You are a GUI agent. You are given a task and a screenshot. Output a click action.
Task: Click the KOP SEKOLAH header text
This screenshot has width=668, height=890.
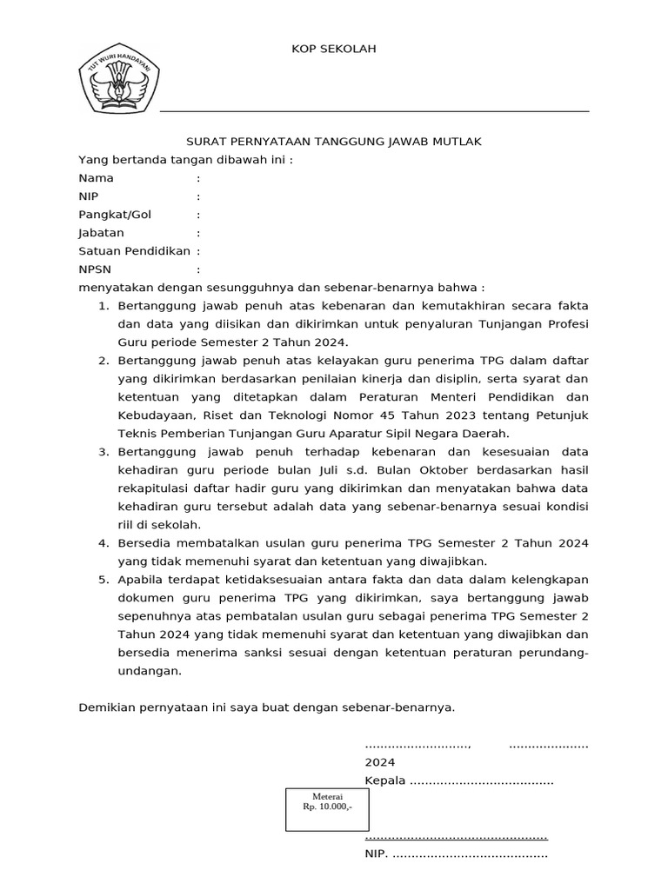coord(333,50)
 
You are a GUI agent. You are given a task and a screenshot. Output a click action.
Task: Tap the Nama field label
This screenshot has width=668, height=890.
coord(96,178)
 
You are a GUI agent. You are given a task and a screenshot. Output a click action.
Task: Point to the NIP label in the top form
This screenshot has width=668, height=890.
coord(89,196)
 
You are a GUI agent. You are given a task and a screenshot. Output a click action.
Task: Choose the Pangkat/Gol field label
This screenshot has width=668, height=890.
coord(115,215)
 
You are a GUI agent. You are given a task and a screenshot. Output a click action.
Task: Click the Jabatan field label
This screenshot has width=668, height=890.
coord(101,233)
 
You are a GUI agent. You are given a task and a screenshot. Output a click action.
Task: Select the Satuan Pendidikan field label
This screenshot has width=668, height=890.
coord(134,251)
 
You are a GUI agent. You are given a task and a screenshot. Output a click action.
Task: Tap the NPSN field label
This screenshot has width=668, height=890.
coord(95,269)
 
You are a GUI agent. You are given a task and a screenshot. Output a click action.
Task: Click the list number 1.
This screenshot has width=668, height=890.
coord(102,306)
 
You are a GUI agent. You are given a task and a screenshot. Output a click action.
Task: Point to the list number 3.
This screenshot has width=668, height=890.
coord(102,452)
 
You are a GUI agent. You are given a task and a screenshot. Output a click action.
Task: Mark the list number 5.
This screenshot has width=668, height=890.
coord(102,580)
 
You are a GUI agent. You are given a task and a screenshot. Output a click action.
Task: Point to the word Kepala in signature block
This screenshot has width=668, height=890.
coord(385,780)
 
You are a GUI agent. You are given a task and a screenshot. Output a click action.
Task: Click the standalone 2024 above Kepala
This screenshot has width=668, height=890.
coord(379,762)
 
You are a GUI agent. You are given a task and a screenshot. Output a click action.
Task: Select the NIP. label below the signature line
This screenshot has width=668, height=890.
coord(376,854)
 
